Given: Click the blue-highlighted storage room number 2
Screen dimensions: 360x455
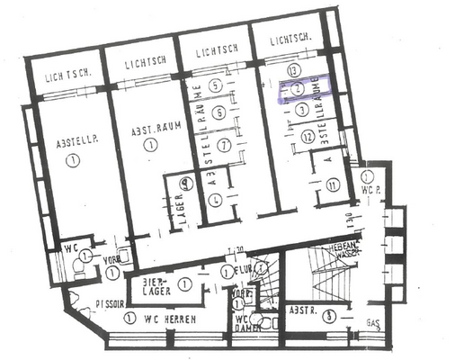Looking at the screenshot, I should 297,89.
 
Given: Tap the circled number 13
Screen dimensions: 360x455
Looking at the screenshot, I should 292,70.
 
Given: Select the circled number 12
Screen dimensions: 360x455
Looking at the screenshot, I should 308,137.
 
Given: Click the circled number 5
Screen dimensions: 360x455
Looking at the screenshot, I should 216,85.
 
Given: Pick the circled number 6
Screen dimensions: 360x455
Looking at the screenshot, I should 217,112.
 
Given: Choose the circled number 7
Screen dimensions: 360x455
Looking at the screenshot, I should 226,144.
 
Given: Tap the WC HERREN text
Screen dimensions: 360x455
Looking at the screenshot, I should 174,318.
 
